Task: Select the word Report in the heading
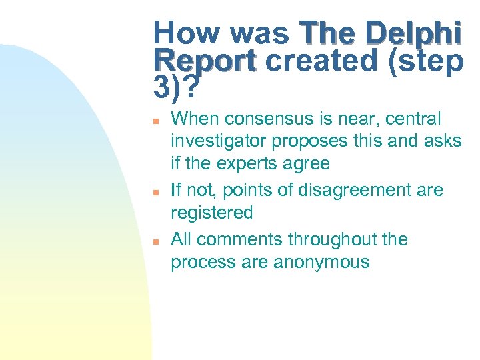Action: point(204,61)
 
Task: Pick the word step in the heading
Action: point(429,61)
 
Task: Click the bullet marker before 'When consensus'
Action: point(155,121)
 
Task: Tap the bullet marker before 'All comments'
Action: point(155,240)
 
